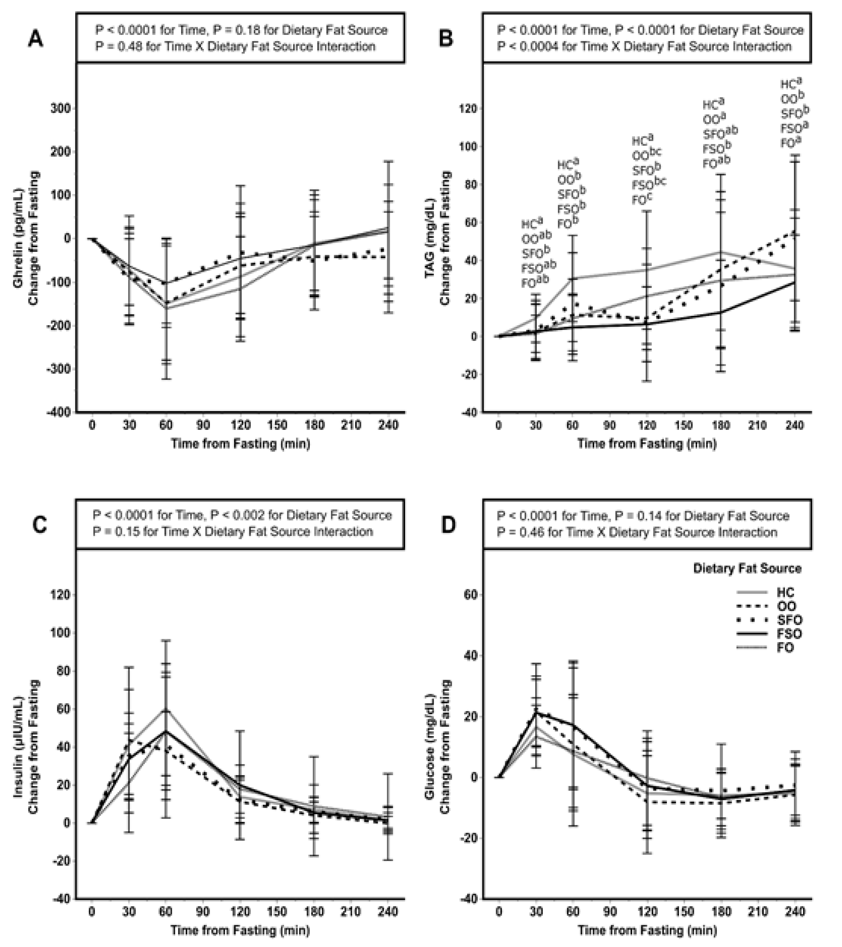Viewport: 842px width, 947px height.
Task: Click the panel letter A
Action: point(36,39)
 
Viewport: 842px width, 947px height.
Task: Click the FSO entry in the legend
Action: point(789,634)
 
